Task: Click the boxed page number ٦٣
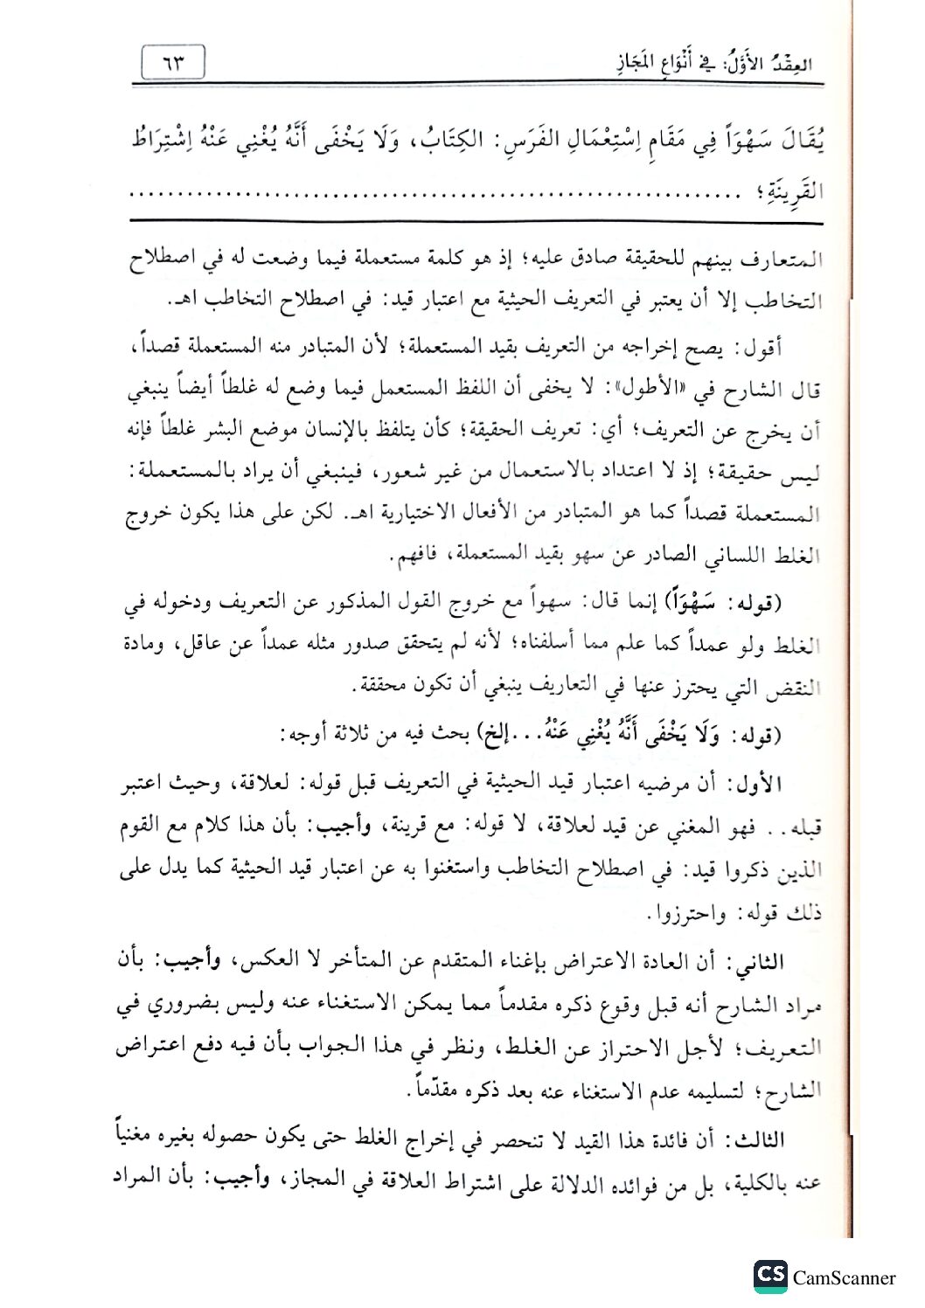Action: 171,63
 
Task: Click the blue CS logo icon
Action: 770,1277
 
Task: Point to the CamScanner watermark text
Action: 845,1278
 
